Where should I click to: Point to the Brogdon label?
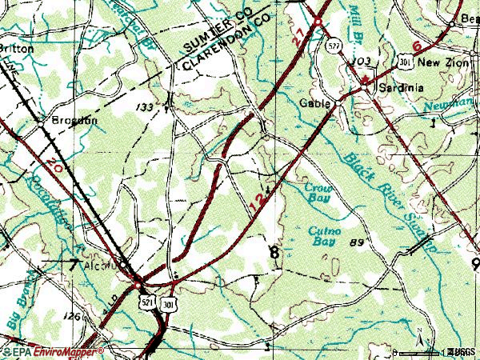coord(74,120)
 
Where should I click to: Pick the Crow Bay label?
coord(318,193)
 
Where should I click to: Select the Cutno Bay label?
coord(325,235)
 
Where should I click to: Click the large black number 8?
coord(275,252)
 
